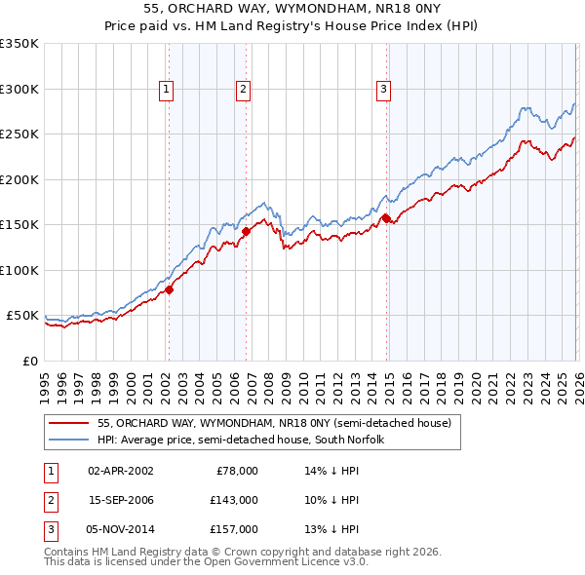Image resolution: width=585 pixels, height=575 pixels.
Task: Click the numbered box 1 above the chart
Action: point(167,90)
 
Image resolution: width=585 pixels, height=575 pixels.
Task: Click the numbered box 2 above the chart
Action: point(243,90)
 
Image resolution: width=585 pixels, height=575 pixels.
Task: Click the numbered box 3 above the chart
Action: point(383,90)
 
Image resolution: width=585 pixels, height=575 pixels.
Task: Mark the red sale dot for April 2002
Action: point(169,289)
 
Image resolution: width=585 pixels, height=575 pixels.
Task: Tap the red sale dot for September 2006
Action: point(246,231)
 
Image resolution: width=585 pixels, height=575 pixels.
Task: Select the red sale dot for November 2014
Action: point(386,218)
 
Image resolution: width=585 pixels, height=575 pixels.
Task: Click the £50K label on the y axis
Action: point(22,316)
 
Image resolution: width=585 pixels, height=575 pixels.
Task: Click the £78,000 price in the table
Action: point(236,471)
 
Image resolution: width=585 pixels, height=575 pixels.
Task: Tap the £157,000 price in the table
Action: point(234,529)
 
